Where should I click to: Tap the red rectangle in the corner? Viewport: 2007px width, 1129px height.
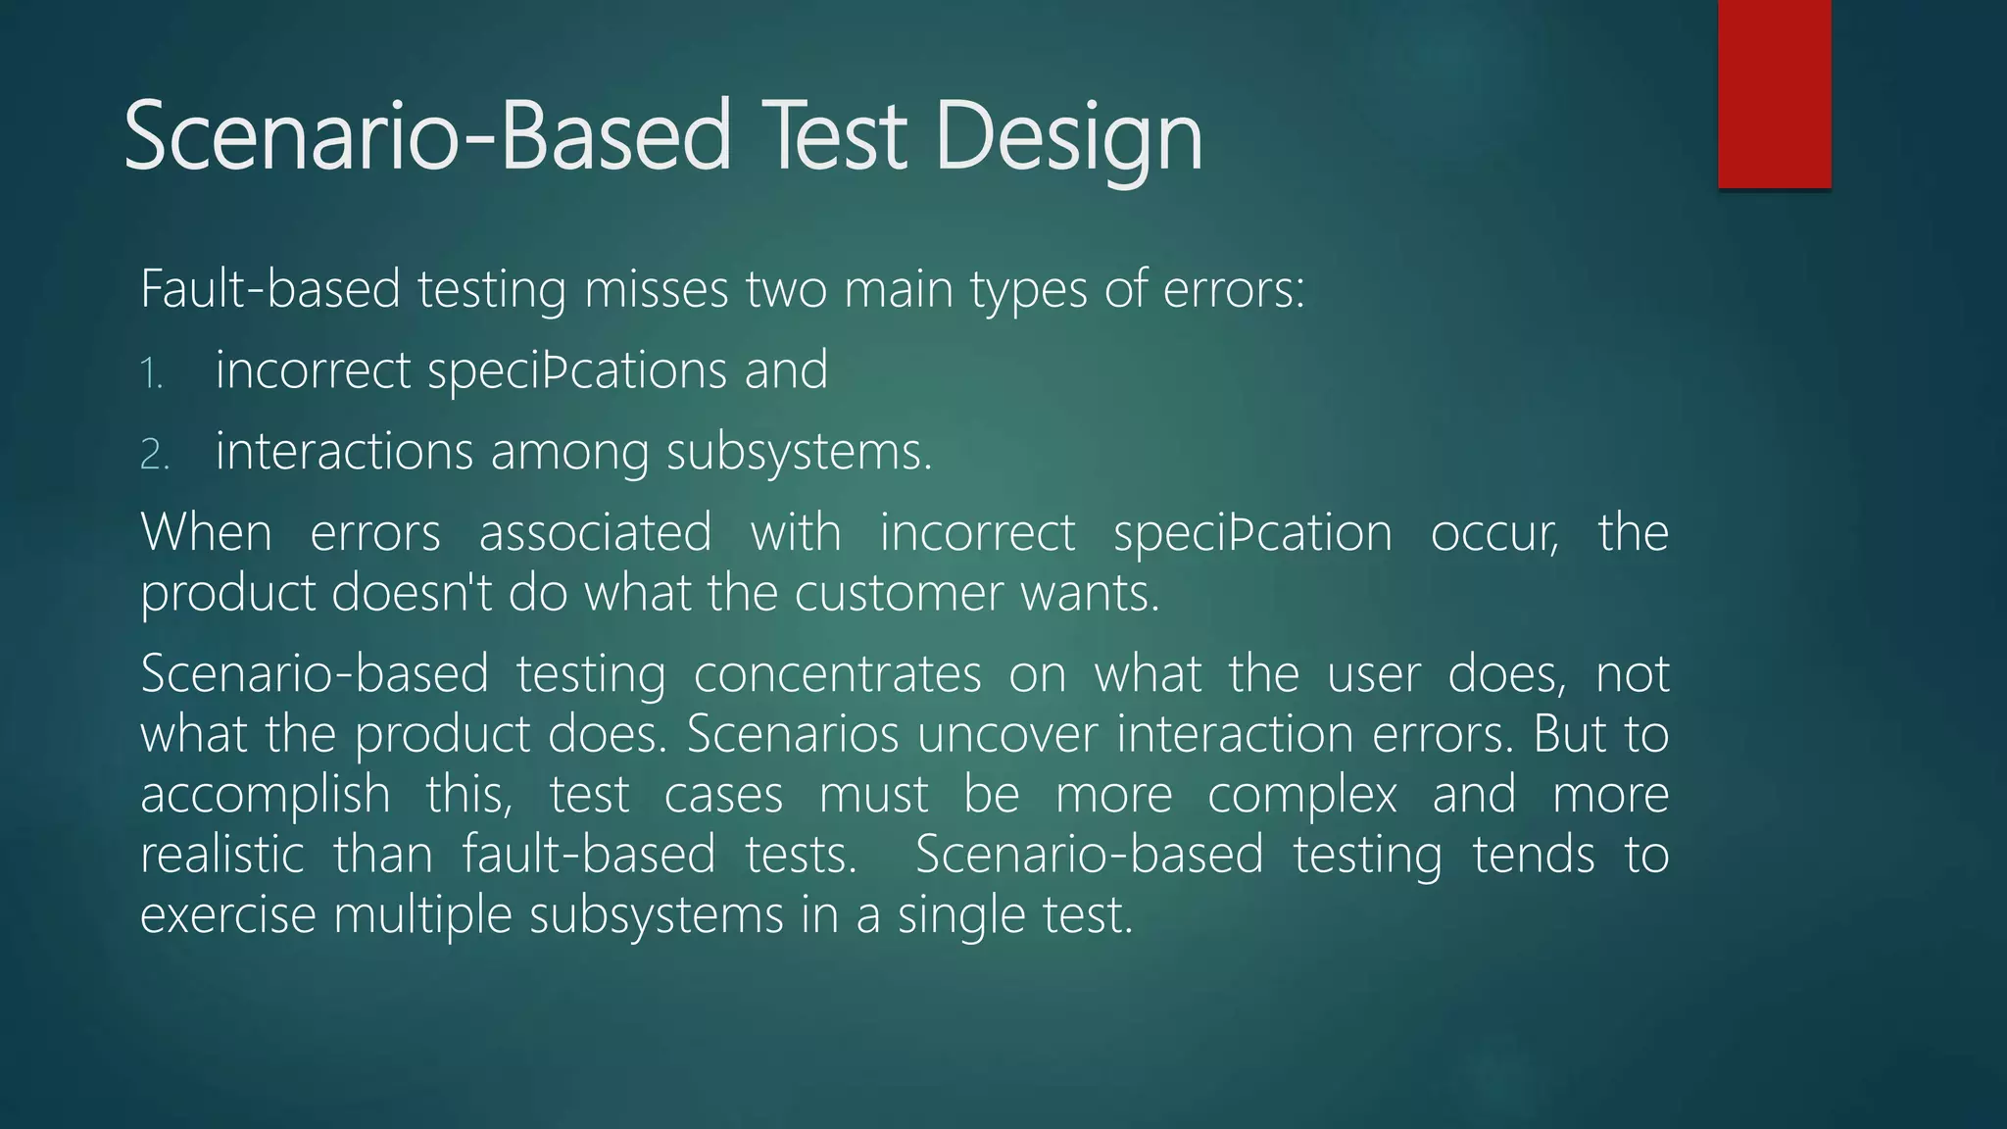coord(1774,93)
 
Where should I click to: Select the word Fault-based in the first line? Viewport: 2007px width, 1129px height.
coord(270,290)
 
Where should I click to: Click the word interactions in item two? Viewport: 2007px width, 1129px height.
coord(344,453)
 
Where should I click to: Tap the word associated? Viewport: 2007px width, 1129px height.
coord(595,534)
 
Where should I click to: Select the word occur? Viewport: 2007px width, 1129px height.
coord(1493,534)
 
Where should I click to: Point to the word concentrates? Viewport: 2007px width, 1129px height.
coord(837,675)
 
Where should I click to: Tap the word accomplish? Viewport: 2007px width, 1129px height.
coord(265,796)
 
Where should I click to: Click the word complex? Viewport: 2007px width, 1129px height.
coord(1301,796)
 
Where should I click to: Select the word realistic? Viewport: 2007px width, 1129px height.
coord(222,856)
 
